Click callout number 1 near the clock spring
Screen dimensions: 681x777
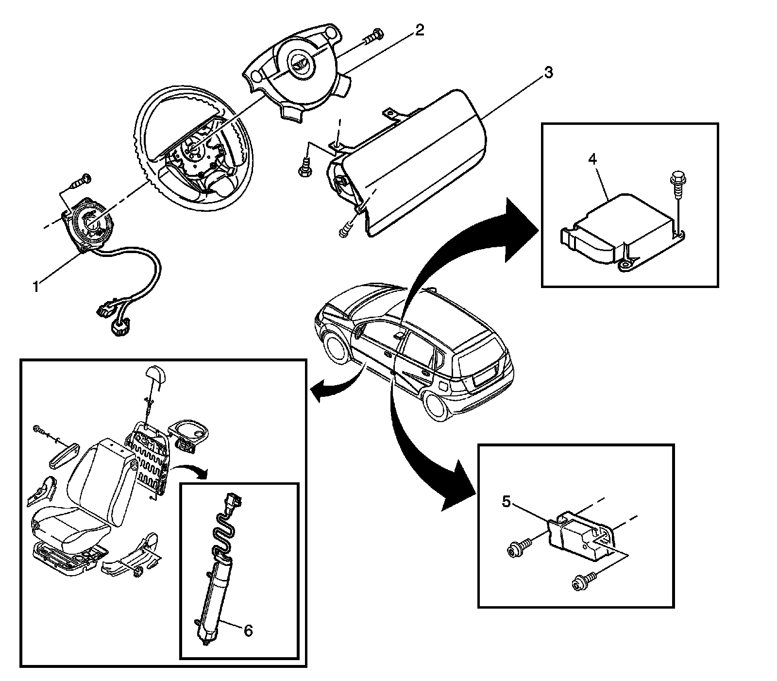tap(35, 287)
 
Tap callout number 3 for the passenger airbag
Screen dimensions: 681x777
tap(547, 73)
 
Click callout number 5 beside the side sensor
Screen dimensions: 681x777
tap(506, 502)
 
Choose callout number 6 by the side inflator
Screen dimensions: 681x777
tap(248, 630)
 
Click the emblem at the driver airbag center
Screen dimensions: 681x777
tap(296, 61)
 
